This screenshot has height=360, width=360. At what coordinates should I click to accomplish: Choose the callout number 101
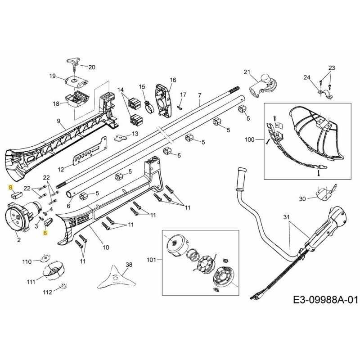(x=152, y=260)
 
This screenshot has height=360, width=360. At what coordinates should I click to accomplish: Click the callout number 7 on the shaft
(x=199, y=95)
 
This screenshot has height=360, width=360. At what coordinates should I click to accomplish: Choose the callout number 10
(x=106, y=247)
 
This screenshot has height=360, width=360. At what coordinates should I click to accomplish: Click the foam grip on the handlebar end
(x=243, y=173)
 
